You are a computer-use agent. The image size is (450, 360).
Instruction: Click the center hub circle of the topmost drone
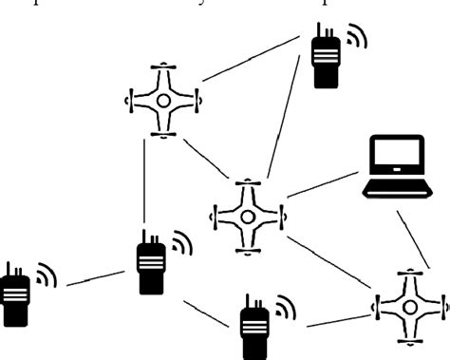[x=163, y=99]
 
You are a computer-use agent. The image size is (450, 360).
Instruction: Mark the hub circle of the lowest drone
[x=410, y=306]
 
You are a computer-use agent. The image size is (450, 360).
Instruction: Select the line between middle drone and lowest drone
[x=328, y=259]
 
